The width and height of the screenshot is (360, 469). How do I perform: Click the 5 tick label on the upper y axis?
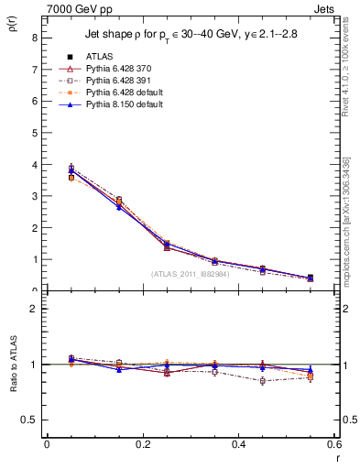(x=34, y=133)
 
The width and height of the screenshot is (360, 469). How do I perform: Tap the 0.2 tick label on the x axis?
(x=142, y=444)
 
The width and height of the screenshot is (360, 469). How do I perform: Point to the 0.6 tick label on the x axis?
(x=334, y=444)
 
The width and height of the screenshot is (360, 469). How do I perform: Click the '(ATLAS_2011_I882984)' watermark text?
(x=191, y=273)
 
